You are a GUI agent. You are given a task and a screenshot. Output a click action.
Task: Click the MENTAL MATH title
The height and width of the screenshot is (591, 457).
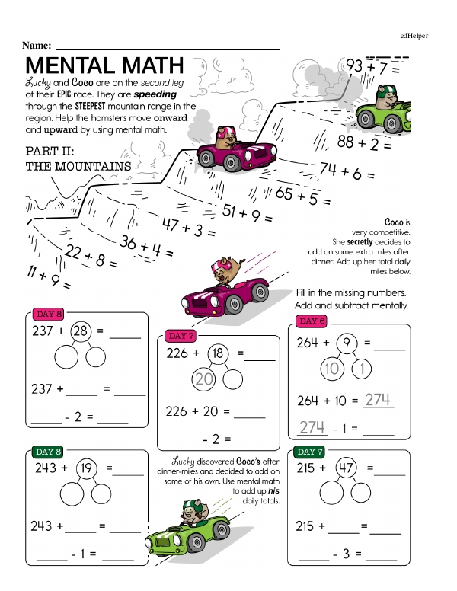pos(104,64)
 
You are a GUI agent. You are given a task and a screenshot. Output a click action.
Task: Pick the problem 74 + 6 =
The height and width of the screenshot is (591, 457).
pos(346,171)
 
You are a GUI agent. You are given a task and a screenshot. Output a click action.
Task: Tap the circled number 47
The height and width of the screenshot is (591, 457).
pos(347,469)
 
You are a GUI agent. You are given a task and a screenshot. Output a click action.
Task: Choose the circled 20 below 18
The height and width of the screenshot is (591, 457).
pos(203,379)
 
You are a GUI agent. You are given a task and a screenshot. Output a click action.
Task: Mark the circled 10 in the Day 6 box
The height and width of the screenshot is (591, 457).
pos(332,370)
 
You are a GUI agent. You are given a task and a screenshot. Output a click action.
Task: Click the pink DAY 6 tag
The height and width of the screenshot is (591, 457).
pos(312,321)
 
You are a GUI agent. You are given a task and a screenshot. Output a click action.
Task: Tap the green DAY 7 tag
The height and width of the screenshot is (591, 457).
pos(312,452)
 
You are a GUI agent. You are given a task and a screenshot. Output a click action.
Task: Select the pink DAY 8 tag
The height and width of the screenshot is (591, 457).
pos(49,314)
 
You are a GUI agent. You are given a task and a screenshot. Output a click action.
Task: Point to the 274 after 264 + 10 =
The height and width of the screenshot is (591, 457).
pos(377,400)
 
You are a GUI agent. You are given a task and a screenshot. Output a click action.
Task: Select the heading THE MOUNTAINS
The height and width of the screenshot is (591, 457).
pos(77,165)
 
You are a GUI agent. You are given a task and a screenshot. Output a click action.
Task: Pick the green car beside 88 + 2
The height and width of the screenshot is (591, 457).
pos(396,114)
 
